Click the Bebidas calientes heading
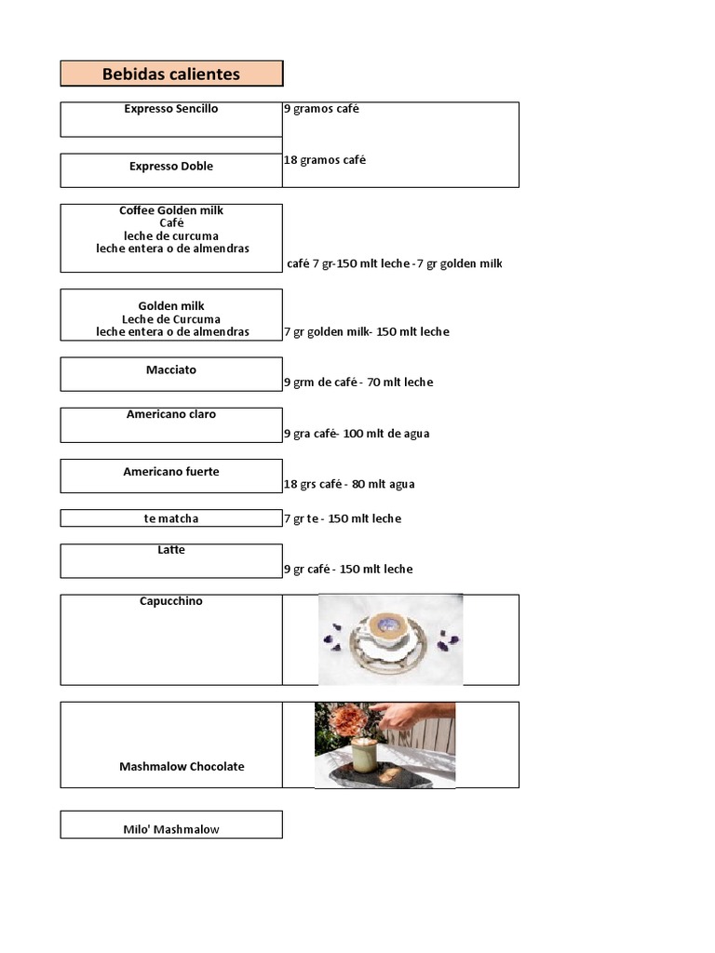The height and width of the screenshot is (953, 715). [x=171, y=74]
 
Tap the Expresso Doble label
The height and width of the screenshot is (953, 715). [x=171, y=167]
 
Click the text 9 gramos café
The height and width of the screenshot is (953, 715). [x=321, y=109]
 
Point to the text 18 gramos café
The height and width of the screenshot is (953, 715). [x=325, y=160]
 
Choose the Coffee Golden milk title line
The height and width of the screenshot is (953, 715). [x=171, y=210]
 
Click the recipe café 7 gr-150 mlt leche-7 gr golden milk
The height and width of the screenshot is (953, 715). [x=395, y=264]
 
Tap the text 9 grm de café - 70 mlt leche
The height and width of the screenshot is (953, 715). [x=358, y=383]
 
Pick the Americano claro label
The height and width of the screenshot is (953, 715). [x=171, y=414]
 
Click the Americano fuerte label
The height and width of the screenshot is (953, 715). [x=171, y=472]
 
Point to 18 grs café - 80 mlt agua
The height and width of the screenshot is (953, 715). [x=349, y=484]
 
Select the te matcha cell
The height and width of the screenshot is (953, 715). [x=171, y=518]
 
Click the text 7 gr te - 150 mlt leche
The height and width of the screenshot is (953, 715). [x=343, y=518]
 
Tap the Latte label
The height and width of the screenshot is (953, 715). [x=171, y=550]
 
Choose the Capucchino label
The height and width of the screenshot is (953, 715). [x=171, y=601]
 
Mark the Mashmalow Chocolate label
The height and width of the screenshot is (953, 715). [x=182, y=767]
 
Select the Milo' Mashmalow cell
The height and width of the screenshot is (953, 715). [x=171, y=829]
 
